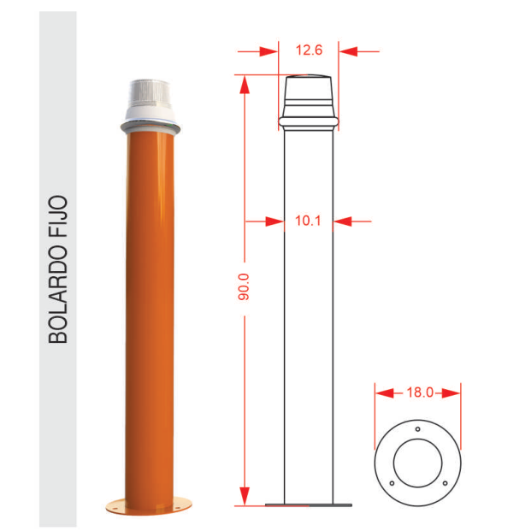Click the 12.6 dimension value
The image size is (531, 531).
click(309, 50)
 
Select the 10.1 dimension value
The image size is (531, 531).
click(308, 221)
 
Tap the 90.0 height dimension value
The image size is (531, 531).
click(244, 286)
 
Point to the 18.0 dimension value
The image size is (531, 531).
click(420, 392)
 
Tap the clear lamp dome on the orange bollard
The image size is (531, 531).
click(149, 92)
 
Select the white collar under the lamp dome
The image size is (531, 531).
click(150, 114)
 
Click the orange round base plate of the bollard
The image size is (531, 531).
click(149, 505)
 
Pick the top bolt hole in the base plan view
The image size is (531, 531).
click(417, 429)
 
